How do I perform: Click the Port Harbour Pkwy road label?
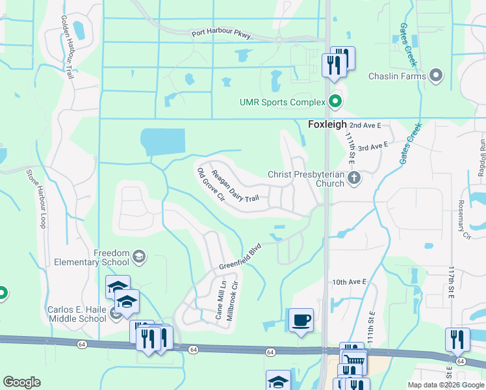pos(221,34)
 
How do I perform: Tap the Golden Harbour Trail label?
pos(68,47)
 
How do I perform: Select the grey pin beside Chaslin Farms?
pos(436,76)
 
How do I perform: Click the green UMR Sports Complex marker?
pos(335,102)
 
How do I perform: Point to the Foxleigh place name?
pos(327,124)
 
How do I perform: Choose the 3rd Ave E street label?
pos(372,148)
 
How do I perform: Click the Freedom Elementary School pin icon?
pos(138,257)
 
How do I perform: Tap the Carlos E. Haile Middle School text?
pos(77,314)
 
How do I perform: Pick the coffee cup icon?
pos(301,320)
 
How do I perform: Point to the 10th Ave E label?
pos(350,282)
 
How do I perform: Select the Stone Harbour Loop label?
pos(36,198)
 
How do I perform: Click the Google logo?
pos(22,382)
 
